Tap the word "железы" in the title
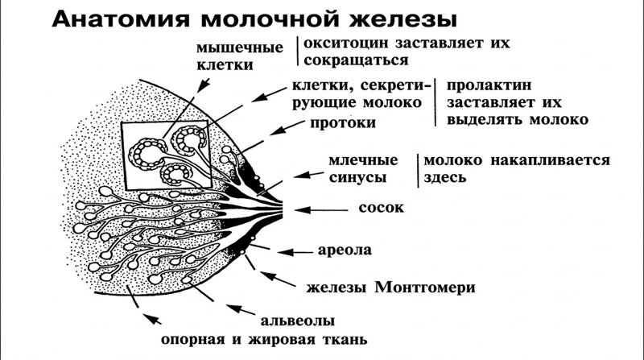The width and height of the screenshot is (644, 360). point(403,19)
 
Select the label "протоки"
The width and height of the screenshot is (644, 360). point(343,123)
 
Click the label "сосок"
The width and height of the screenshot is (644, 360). point(381,208)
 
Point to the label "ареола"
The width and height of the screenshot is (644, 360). point(345,250)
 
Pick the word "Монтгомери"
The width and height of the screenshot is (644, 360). point(425,287)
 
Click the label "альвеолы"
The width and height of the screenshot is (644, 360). point(297,321)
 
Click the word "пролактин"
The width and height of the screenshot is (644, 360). point(489,85)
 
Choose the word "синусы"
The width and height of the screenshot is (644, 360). point(357,177)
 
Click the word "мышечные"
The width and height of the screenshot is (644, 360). point(240,48)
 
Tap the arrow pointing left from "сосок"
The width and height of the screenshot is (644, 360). point(321,210)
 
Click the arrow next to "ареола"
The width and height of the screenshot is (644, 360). point(295,252)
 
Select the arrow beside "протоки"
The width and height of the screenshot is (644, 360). point(287,128)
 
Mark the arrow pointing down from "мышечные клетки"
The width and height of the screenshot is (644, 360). point(204,85)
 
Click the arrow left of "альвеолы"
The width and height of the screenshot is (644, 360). point(241,309)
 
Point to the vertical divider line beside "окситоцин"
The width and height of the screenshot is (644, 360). point(298,51)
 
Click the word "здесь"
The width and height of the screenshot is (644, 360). point(445,177)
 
